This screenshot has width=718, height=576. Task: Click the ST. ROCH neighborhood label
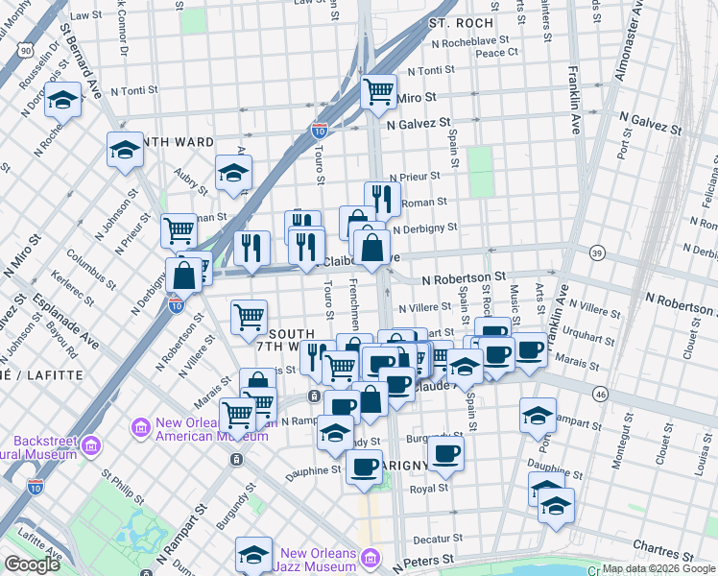461,22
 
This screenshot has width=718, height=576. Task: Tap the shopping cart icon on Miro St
378,92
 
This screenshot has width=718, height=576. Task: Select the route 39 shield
596,252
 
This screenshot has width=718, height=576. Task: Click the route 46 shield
600,394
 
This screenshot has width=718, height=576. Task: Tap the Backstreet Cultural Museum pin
91,445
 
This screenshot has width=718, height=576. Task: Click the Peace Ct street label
496,53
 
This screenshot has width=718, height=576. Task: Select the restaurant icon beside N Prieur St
382,198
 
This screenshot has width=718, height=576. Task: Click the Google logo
32,564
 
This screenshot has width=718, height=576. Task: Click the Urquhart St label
588,328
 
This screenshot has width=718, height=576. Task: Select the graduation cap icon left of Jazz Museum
252,554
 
